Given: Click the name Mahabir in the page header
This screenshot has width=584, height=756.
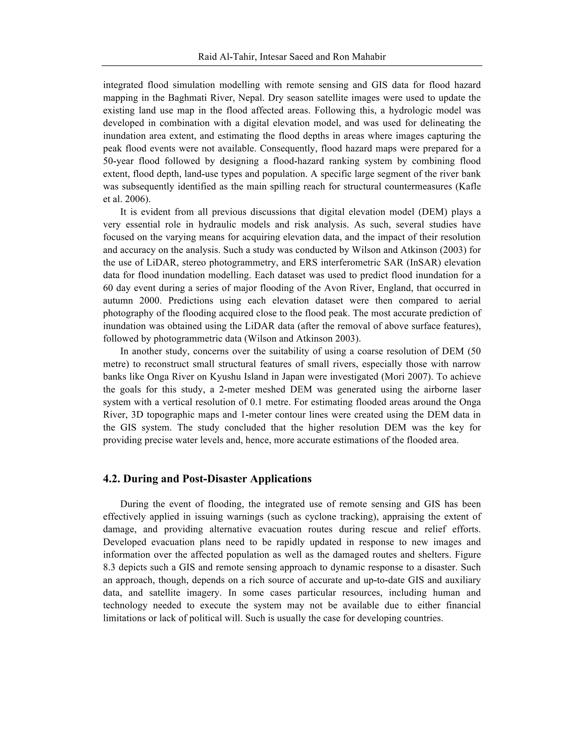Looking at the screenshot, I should pos(369,57).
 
